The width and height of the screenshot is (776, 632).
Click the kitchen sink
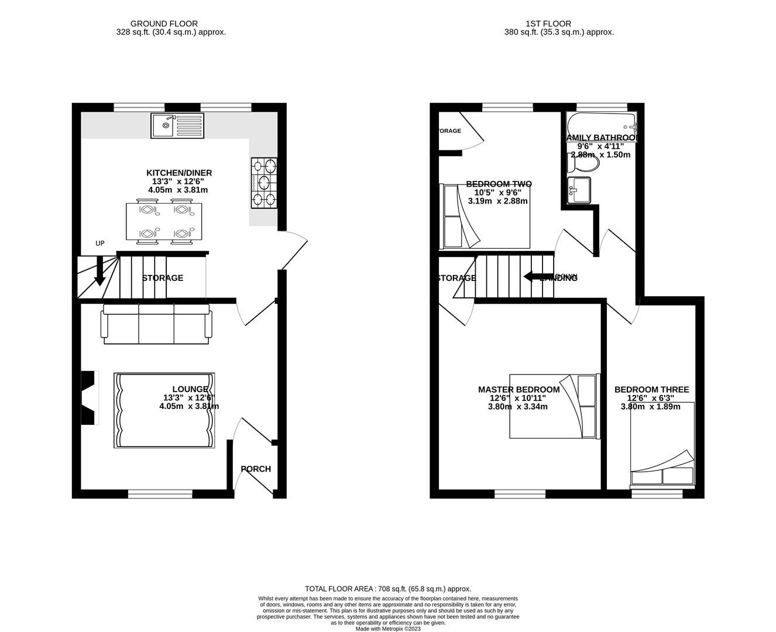[177, 125]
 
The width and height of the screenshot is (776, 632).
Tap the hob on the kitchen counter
[264, 183]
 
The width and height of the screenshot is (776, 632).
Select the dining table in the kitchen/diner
[164, 222]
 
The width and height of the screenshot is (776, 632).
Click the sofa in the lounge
[156, 324]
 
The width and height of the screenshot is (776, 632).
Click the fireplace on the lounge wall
[88, 398]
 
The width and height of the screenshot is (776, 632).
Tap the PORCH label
[256, 469]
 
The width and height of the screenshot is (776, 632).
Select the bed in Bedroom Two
[486, 217]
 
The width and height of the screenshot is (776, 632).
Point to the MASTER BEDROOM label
[519, 390]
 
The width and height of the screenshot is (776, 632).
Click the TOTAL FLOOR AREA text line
[388, 589]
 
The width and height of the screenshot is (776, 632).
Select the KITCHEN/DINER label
[179, 173]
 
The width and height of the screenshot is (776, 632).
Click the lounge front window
[160, 494]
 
